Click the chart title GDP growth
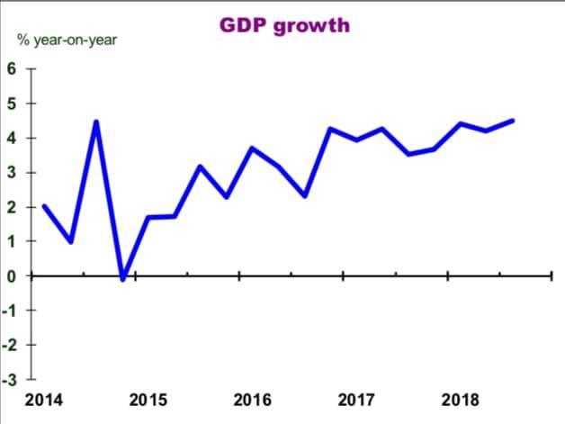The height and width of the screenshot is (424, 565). click(285, 24)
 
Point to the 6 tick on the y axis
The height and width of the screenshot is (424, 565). click(11, 69)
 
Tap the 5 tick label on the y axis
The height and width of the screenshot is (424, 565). click(11, 104)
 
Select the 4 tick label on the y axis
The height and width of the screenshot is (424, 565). click(11, 138)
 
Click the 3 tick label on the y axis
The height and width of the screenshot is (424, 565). click(11, 172)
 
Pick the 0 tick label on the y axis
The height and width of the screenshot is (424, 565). click(11, 275)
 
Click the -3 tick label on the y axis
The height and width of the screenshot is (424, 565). click(8, 378)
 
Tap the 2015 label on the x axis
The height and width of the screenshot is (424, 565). click(148, 400)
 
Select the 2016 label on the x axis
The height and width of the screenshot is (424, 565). click(253, 400)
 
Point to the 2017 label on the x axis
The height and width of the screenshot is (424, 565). click(356, 400)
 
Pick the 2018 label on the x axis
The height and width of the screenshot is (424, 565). click(461, 400)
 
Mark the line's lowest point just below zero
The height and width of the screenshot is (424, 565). click(122, 278)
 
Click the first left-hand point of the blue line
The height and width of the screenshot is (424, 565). click(44, 206)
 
